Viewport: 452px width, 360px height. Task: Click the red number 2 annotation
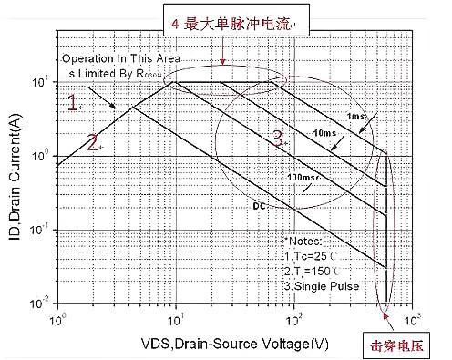93,140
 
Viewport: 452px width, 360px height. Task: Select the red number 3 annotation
279,139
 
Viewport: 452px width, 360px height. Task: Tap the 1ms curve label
355,117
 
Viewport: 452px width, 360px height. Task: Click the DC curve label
258,207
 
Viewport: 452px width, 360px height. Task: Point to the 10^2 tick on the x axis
293,321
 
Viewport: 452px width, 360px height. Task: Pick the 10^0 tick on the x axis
59,321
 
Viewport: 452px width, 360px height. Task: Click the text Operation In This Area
118,57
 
